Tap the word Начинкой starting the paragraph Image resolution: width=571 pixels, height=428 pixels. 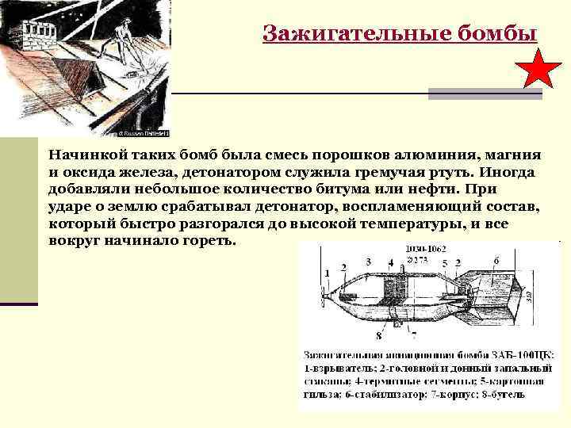(82, 156)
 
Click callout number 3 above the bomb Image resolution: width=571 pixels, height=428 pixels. (369, 261)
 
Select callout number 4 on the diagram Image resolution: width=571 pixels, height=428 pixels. (391, 262)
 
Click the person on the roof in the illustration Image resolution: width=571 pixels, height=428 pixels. (122, 44)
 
